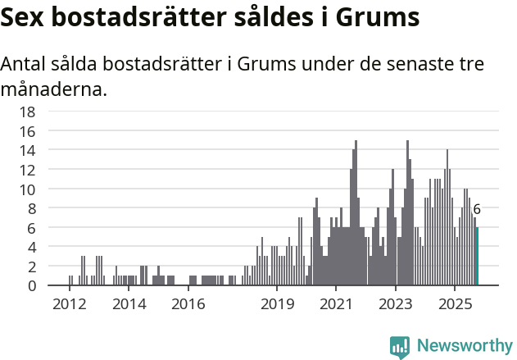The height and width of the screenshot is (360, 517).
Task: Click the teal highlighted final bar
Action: tap(477, 257)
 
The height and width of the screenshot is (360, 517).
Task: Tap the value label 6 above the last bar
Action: tap(477, 210)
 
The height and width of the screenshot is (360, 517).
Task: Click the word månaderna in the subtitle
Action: tap(54, 89)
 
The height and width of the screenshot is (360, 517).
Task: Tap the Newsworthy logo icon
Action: tap(400, 346)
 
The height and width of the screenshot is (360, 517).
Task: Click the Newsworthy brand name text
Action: tap(464, 346)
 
